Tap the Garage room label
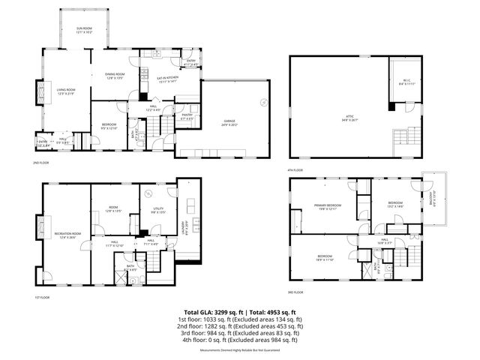point(229,125)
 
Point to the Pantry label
point(187,117)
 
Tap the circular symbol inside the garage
point(262,101)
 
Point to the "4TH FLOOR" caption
point(295,170)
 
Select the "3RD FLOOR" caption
point(295,292)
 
